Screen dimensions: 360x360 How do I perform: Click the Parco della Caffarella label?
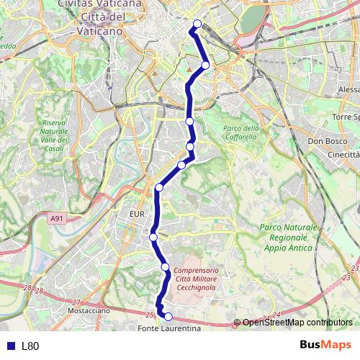click(240, 132)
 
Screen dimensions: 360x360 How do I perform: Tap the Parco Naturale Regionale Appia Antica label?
click(286, 238)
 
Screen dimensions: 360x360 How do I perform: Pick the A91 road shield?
click(57, 217)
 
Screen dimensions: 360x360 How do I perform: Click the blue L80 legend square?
click(9, 346)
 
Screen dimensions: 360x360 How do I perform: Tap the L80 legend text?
click(30, 346)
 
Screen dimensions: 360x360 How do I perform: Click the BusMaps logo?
click(327, 345)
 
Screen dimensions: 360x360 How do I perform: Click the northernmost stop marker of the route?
click(197, 23)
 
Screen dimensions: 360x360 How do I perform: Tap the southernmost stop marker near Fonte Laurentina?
click(168, 316)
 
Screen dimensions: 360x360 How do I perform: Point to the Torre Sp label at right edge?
click(346, 117)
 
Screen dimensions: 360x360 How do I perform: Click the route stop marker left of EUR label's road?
click(153, 237)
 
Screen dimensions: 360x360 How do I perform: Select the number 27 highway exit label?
click(76, 303)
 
